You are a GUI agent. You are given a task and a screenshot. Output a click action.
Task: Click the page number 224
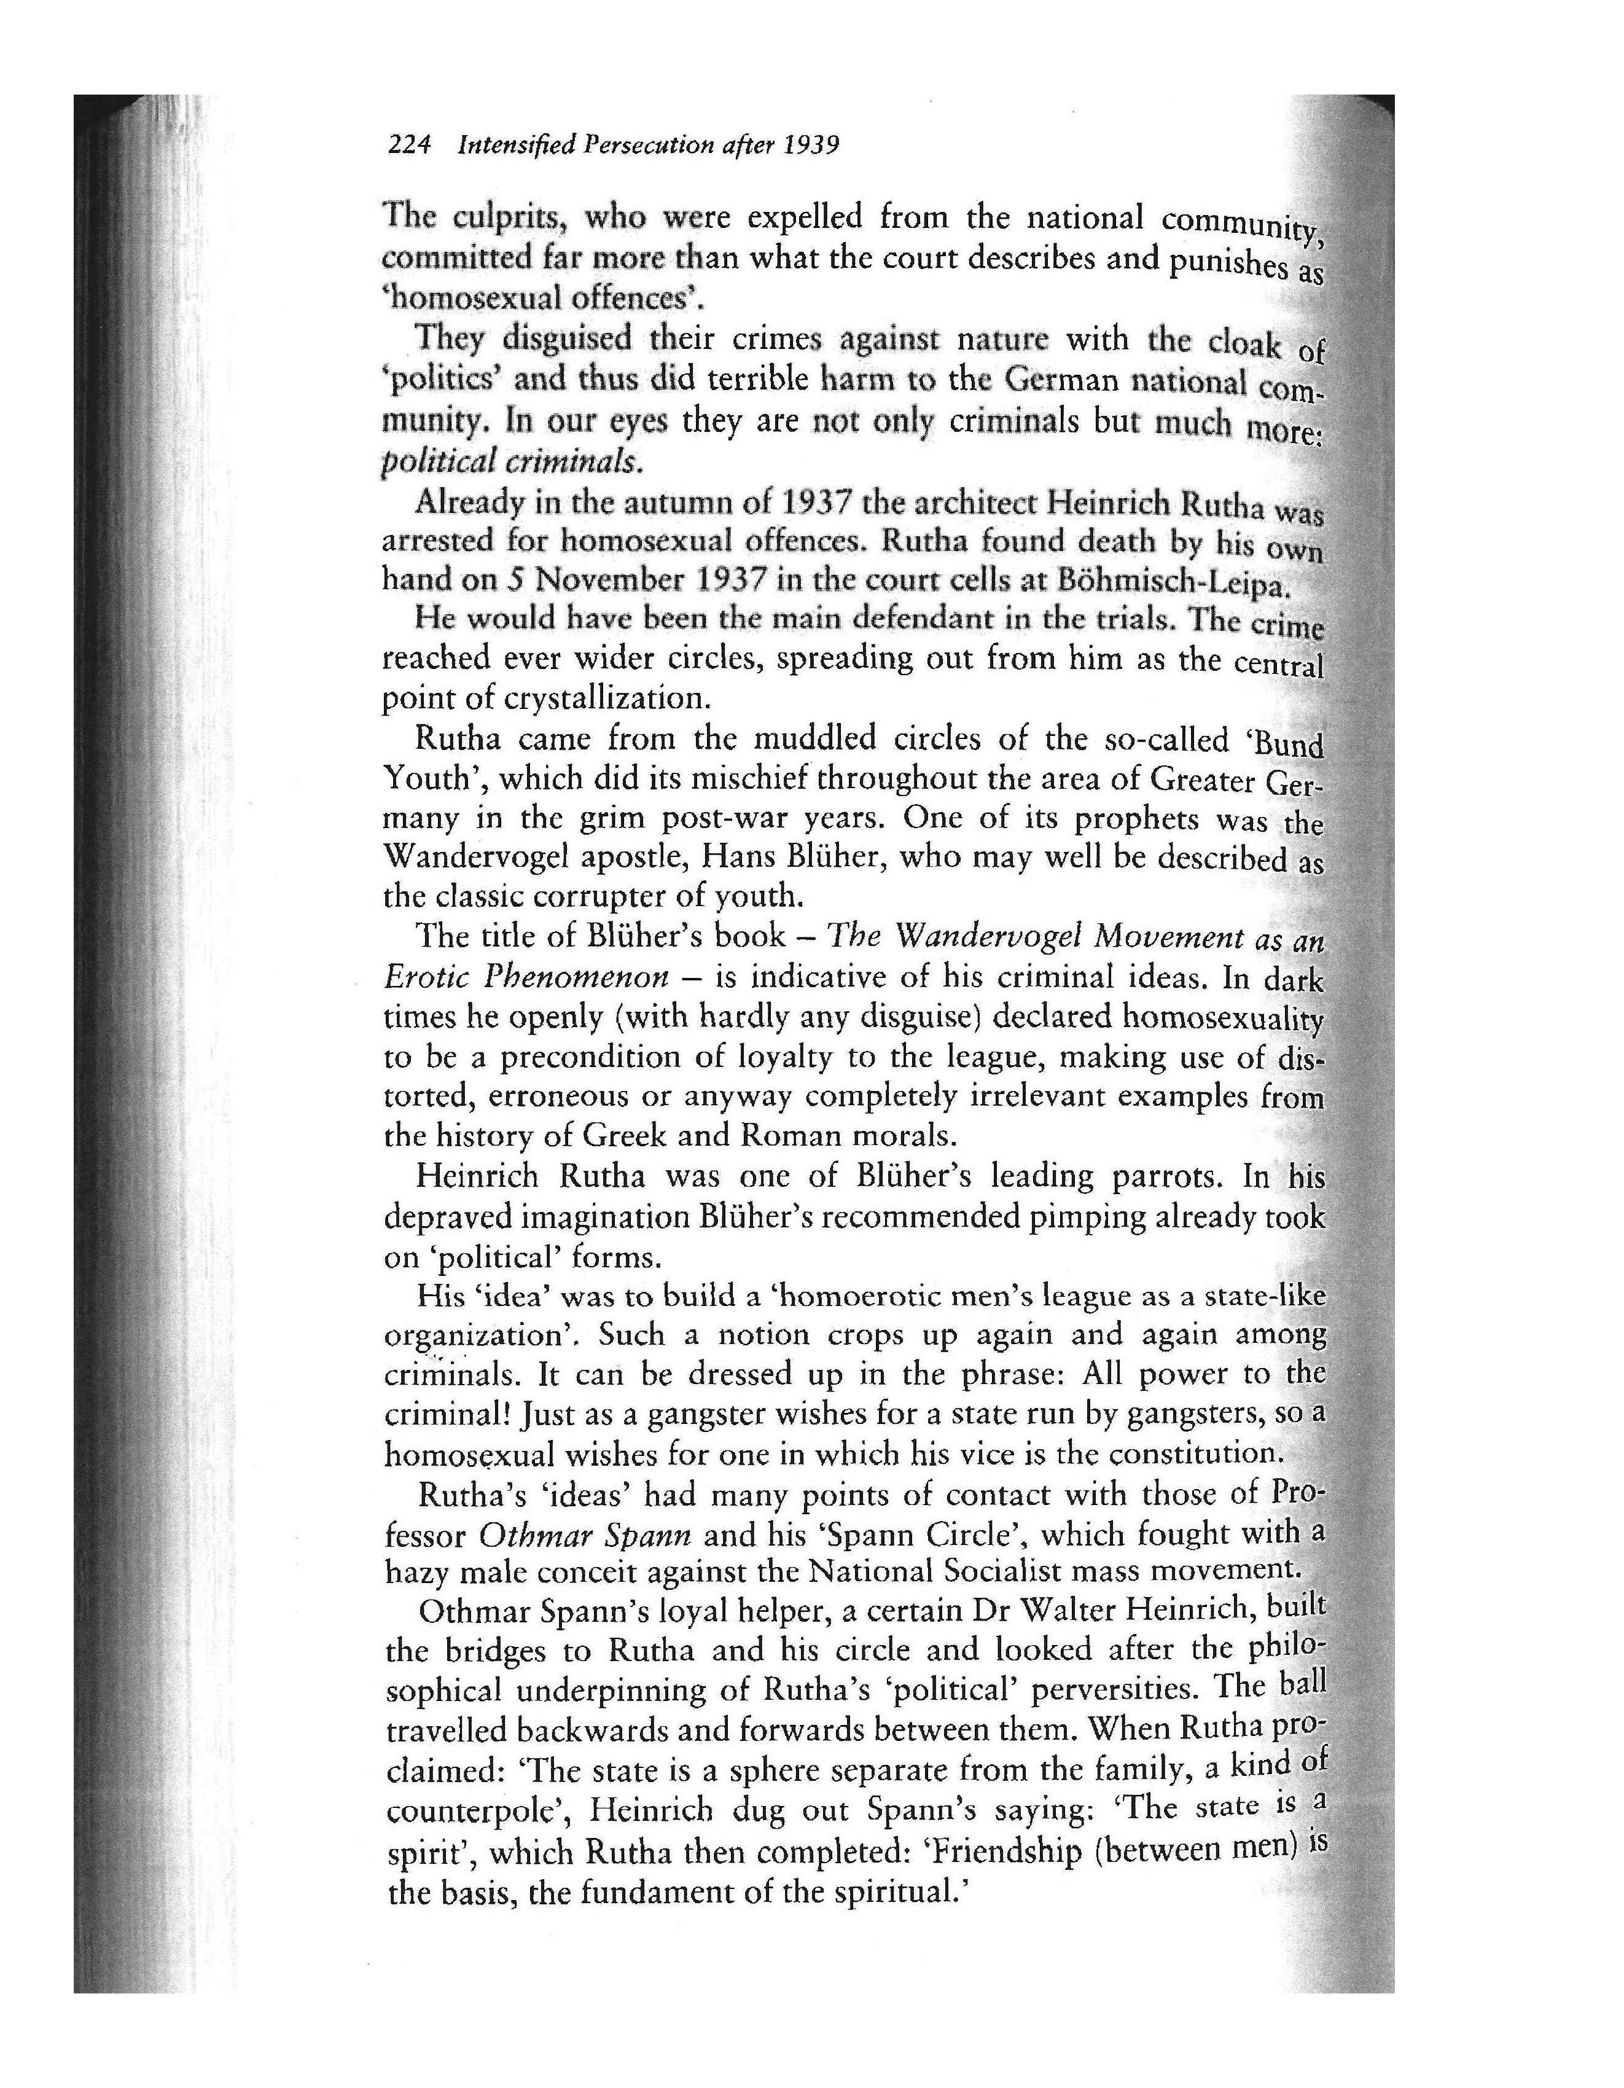[409, 146]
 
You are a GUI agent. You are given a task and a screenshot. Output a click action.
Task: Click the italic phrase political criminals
[507, 462]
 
